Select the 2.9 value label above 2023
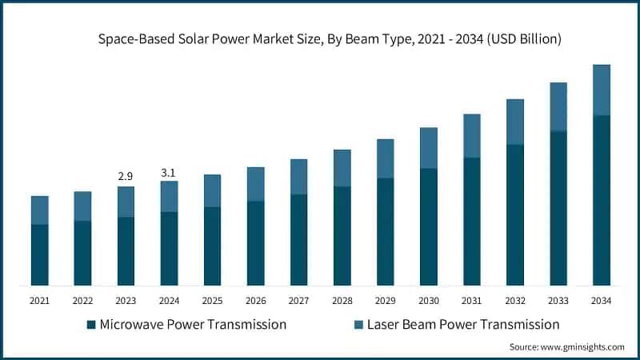tap(126, 174)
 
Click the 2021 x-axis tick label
tap(39, 301)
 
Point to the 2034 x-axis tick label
tap(601, 301)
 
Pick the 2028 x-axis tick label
tap(342, 301)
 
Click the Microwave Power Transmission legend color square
tap(92, 325)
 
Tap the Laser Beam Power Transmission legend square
tap(358, 325)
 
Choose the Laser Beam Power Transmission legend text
tap(463, 325)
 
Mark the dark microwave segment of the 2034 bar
tap(601, 200)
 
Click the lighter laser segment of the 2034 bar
tap(601, 90)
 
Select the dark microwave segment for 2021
tap(39, 254)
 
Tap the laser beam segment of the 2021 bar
tap(39, 210)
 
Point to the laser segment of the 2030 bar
tap(428, 148)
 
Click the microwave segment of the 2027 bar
tap(298, 239)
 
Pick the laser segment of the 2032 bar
tap(514, 122)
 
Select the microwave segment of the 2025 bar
tap(212, 246)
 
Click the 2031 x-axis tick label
tap(471, 301)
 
